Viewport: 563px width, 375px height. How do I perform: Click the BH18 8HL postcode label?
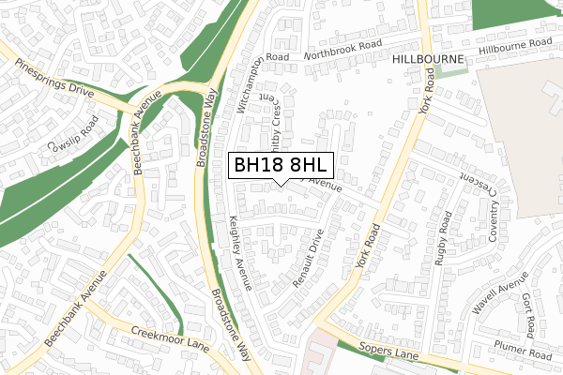click(281, 165)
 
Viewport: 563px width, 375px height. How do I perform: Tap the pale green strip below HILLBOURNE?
click(450, 71)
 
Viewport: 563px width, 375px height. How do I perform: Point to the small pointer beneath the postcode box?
click(281, 183)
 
